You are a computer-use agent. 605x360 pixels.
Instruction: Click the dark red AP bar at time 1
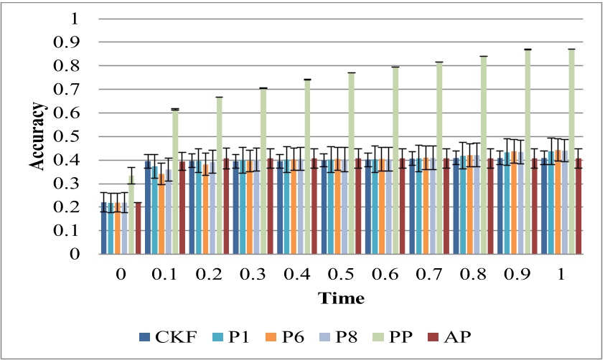[578, 207]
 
